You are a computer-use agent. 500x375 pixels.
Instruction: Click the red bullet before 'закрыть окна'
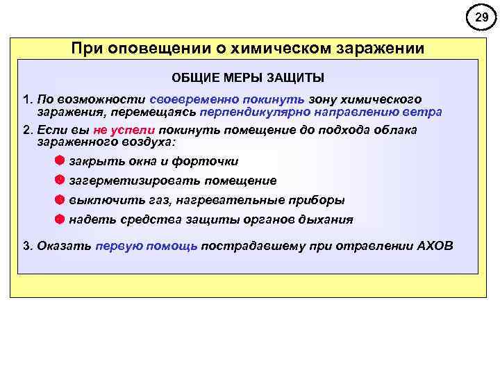point(60,160)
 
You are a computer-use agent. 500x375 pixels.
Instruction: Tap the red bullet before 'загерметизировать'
point(60,180)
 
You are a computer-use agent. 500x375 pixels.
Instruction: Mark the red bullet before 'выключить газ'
point(60,199)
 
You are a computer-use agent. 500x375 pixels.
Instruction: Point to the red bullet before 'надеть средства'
point(60,219)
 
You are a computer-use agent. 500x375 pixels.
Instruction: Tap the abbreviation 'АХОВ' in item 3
point(435,246)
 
